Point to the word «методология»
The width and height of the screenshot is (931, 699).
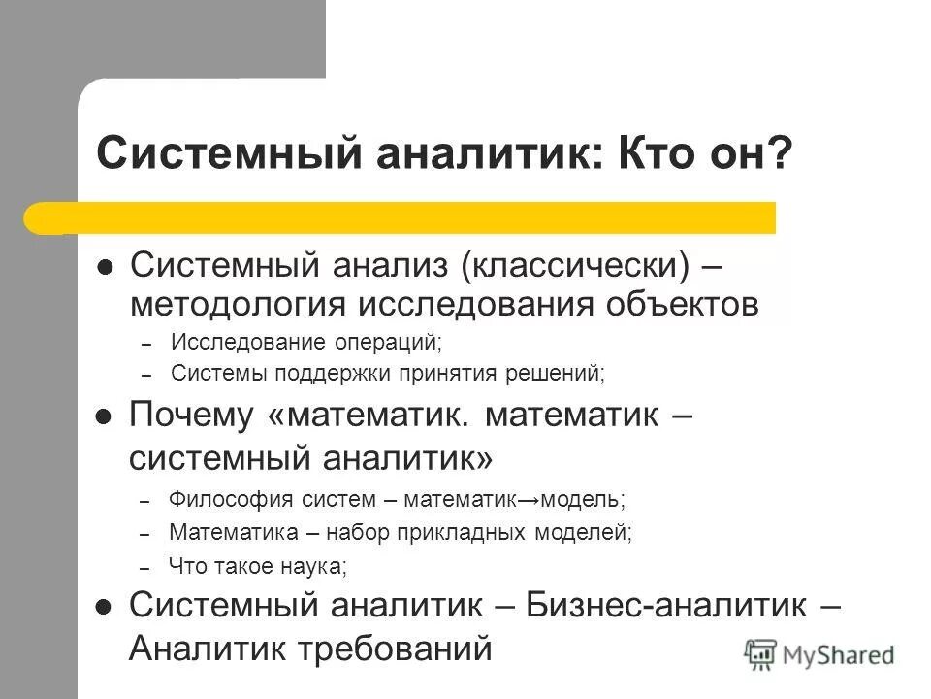(x=239, y=303)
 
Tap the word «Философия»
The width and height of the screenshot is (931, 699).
(x=221, y=500)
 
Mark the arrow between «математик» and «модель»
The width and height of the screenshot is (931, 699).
(x=530, y=501)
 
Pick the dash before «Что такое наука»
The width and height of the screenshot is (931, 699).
(x=145, y=567)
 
